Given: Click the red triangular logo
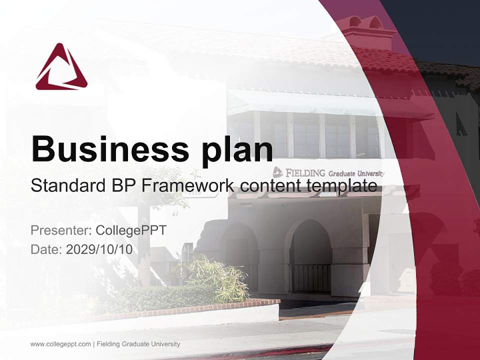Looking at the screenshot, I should coord(61,68).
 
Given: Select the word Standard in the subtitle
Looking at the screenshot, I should coord(66,186).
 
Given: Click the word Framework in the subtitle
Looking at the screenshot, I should coord(188,186).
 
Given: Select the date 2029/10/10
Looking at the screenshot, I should coord(99,249).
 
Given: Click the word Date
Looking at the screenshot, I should coord(45,249).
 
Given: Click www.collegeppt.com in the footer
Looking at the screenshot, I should coord(60,344).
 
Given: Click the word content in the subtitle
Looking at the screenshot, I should coord(266,186).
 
